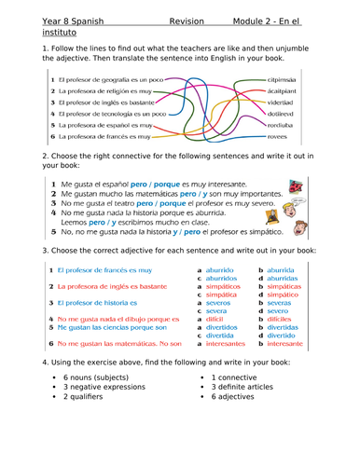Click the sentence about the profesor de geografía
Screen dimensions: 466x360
click(x=113, y=82)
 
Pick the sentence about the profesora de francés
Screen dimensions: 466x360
click(x=106, y=137)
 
